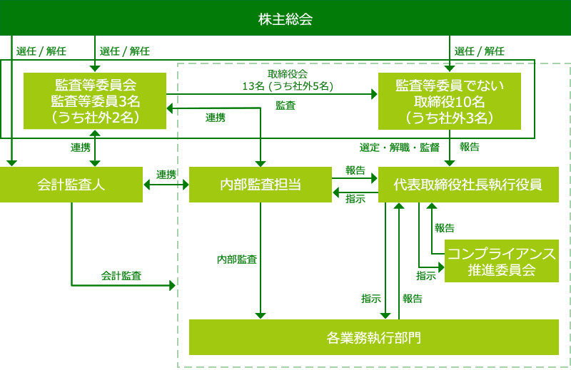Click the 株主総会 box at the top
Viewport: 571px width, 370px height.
pyautogui.click(x=285, y=18)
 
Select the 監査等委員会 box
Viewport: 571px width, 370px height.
pyautogui.click(x=95, y=101)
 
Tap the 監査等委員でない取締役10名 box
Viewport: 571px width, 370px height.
pyautogui.click(x=450, y=101)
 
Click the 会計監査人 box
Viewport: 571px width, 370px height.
pyautogui.click(x=71, y=185)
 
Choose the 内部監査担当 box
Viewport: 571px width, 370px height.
pyautogui.click(x=261, y=185)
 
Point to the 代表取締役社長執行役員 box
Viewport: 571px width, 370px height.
pyautogui.click(x=468, y=185)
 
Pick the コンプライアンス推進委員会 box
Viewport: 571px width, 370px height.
pyautogui.click(x=501, y=261)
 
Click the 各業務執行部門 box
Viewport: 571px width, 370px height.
pyautogui.click(x=373, y=336)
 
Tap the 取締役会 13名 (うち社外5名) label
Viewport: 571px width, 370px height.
pyautogui.click(x=288, y=80)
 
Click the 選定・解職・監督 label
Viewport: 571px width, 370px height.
pyautogui.click(x=400, y=148)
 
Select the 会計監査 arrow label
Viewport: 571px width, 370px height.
pyautogui.click(x=121, y=275)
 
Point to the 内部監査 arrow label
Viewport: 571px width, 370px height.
pyautogui.click(x=237, y=259)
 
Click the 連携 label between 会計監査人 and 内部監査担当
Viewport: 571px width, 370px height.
pyautogui.click(x=166, y=175)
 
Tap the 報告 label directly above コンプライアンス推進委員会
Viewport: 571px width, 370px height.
pyautogui.click(x=444, y=228)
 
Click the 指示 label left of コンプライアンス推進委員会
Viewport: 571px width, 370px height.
pyautogui.click(x=426, y=275)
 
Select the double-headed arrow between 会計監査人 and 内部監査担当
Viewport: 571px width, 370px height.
pyautogui.click(x=166, y=185)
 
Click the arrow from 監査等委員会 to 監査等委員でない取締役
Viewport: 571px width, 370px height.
pyautogui.click(x=271, y=93)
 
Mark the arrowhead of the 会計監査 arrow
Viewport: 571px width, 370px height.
pyautogui.click(x=172, y=285)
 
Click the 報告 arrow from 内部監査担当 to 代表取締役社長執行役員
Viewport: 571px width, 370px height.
pyautogui.click(x=355, y=179)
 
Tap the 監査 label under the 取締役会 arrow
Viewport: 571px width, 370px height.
pyautogui.click(x=285, y=105)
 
